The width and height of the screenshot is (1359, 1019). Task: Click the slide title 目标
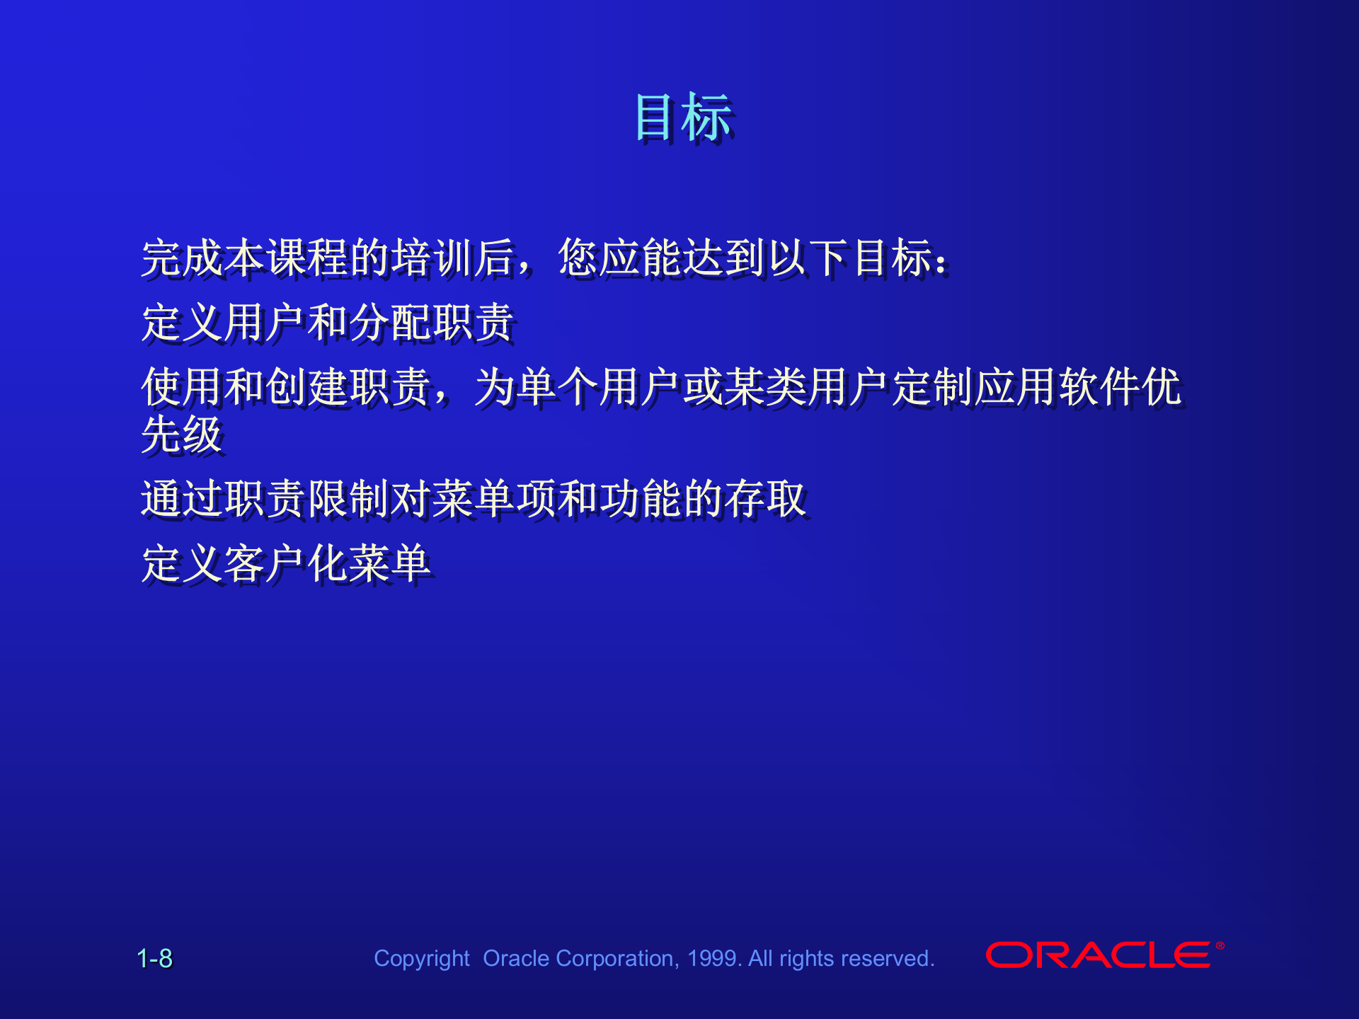point(683,117)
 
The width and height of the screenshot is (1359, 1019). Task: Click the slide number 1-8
point(154,959)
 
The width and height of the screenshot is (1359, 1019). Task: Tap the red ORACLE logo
point(1098,955)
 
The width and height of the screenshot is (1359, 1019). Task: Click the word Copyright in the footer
point(421,959)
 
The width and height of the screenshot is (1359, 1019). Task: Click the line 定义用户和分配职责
point(327,323)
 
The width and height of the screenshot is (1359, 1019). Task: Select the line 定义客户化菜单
point(286,564)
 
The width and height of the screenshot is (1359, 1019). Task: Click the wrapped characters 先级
point(182,434)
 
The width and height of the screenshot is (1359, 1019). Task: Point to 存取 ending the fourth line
point(767,499)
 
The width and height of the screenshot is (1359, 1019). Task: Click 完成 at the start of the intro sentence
point(182,258)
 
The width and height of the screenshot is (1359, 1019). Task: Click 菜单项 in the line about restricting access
point(495,499)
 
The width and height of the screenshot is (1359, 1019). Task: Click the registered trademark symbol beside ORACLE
point(1220,945)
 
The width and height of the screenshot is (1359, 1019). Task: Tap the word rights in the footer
point(807,959)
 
